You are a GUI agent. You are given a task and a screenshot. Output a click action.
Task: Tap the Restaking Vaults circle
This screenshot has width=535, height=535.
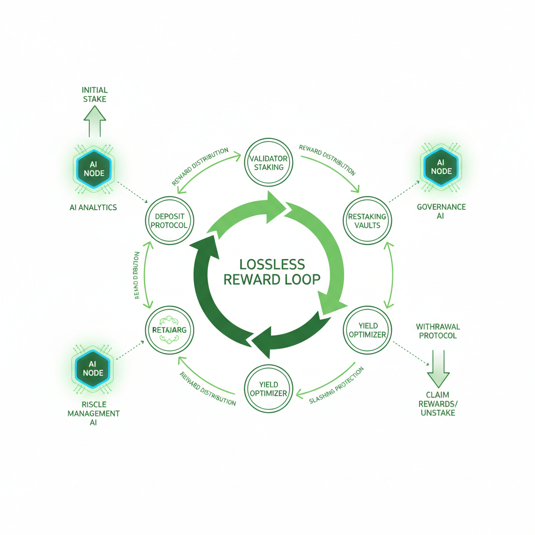pyautogui.click(x=367, y=220)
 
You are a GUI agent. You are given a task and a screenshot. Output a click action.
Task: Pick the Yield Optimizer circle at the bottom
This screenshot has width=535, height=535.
pyautogui.click(x=268, y=389)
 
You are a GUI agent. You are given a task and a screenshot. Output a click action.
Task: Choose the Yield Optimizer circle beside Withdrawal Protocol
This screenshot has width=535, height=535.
pyautogui.click(x=367, y=330)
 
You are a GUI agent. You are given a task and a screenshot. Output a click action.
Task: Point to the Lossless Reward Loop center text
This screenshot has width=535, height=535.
pyautogui.click(x=271, y=271)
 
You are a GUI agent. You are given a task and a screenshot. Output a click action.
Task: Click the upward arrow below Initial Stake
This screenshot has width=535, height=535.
pyautogui.click(x=95, y=121)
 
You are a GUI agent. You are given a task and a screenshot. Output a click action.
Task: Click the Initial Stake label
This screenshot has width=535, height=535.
pyautogui.click(x=94, y=94)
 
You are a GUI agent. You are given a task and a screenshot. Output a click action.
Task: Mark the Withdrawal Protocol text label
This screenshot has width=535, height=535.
pyautogui.click(x=438, y=331)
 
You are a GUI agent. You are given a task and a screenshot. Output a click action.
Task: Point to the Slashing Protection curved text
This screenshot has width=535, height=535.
pyautogui.click(x=336, y=386)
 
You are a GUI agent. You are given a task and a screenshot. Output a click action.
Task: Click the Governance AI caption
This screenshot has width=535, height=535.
pyautogui.click(x=441, y=211)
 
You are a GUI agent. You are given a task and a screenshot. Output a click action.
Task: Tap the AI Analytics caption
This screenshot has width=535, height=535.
pyautogui.click(x=93, y=207)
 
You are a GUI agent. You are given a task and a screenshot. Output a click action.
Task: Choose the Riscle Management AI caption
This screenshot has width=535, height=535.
pyautogui.click(x=93, y=413)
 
